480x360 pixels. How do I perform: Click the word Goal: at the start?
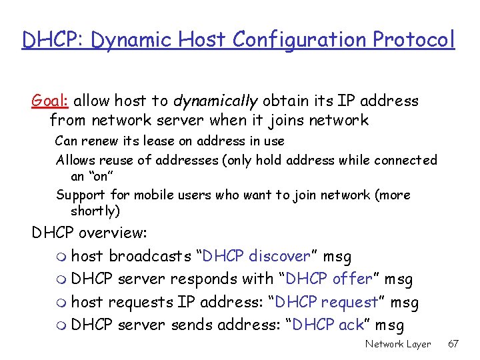[51, 101]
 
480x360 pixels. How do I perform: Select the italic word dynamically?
[215, 101]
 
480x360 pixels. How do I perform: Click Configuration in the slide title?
[301, 40]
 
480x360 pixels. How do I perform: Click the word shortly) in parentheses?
[95, 211]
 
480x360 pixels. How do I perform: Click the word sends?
[190, 325]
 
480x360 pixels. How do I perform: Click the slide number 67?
[453, 344]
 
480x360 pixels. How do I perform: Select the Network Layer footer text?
[398, 344]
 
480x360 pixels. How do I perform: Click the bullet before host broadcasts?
[63, 257]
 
